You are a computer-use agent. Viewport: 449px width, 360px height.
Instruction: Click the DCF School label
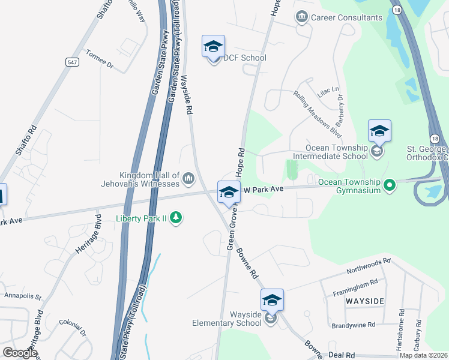[x=244, y=58]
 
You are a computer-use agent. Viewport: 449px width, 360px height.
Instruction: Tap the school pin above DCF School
[x=213, y=47]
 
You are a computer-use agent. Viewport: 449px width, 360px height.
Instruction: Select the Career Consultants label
[x=346, y=17]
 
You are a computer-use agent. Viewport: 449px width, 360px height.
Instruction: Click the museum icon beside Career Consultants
[x=302, y=17]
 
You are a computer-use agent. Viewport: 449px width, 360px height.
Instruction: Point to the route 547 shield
[x=71, y=61]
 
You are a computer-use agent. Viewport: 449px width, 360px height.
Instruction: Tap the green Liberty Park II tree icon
[x=176, y=217]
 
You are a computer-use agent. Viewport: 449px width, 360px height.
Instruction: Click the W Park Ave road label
[x=263, y=190]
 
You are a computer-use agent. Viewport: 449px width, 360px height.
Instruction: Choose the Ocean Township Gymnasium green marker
[x=390, y=185]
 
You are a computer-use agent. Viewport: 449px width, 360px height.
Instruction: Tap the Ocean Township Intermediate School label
[x=337, y=152]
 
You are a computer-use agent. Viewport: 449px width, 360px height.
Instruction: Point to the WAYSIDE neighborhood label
[x=364, y=299]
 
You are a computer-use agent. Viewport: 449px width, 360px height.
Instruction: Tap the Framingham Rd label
[x=355, y=287]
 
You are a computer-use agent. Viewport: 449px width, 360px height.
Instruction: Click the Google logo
[x=19, y=353]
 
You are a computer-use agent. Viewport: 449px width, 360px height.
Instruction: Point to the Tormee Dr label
[x=99, y=59]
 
